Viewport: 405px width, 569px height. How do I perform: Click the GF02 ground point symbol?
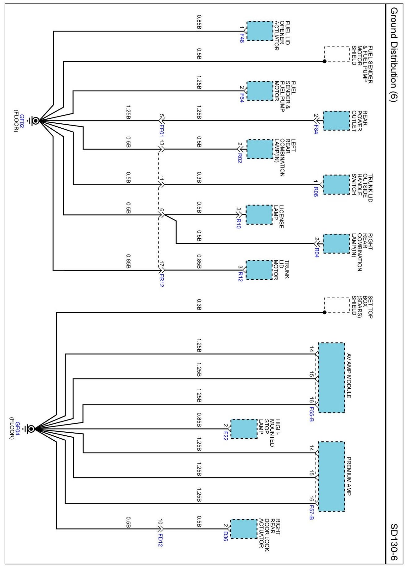pos(35,121)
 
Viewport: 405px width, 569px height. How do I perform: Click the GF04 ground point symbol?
pos(31,429)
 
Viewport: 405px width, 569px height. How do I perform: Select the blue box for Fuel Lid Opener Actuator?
pos(259,31)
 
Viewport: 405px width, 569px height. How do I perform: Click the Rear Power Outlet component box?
pos(336,121)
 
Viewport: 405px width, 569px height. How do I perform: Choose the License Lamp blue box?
pos(259,214)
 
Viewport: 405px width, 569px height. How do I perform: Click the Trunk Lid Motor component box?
pos(259,270)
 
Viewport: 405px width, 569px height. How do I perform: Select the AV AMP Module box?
pos(331,377)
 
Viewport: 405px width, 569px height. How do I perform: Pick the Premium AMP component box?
pos(331,476)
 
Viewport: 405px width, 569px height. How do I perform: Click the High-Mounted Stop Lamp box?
pos(244,429)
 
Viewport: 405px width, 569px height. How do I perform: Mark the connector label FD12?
pos(160,540)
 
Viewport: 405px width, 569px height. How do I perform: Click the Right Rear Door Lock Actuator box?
pos(244,529)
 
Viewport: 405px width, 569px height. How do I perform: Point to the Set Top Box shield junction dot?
pos(324,312)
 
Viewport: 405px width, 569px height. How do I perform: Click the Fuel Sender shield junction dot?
pos(324,61)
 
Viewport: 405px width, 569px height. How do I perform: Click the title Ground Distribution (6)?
pos(393,55)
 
